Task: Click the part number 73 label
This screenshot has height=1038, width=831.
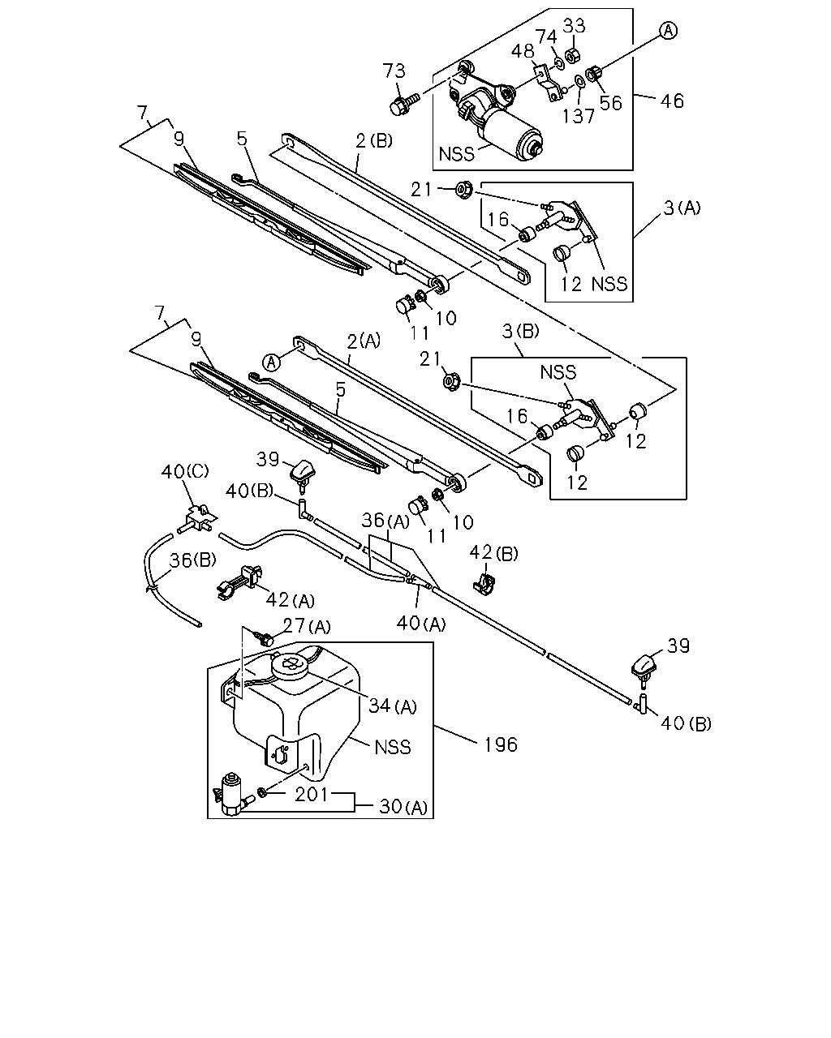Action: point(394,71)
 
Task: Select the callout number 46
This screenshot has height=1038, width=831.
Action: point(672,101)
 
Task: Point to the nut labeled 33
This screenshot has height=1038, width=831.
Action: point(572,55)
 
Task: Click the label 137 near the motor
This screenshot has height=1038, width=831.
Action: point(578,116)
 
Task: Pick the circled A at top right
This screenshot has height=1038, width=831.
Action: point(668,31)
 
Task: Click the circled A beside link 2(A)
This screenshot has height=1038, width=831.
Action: point(271,362)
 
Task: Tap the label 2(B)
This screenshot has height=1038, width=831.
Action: point(374,141)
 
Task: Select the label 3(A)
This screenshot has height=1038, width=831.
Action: point(682,208)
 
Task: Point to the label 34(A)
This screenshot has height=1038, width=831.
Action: point(392,706)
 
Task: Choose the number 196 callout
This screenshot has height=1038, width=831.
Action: point(501,744)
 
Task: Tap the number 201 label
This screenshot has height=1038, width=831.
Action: point(312,795)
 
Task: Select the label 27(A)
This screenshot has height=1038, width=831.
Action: point(307,627)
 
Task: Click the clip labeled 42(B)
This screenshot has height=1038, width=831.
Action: point(483,581)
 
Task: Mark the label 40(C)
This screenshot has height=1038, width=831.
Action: point(185,471)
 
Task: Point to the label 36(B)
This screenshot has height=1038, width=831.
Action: point(192,560)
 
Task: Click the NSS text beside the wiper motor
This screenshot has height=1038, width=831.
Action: point(456,154)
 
